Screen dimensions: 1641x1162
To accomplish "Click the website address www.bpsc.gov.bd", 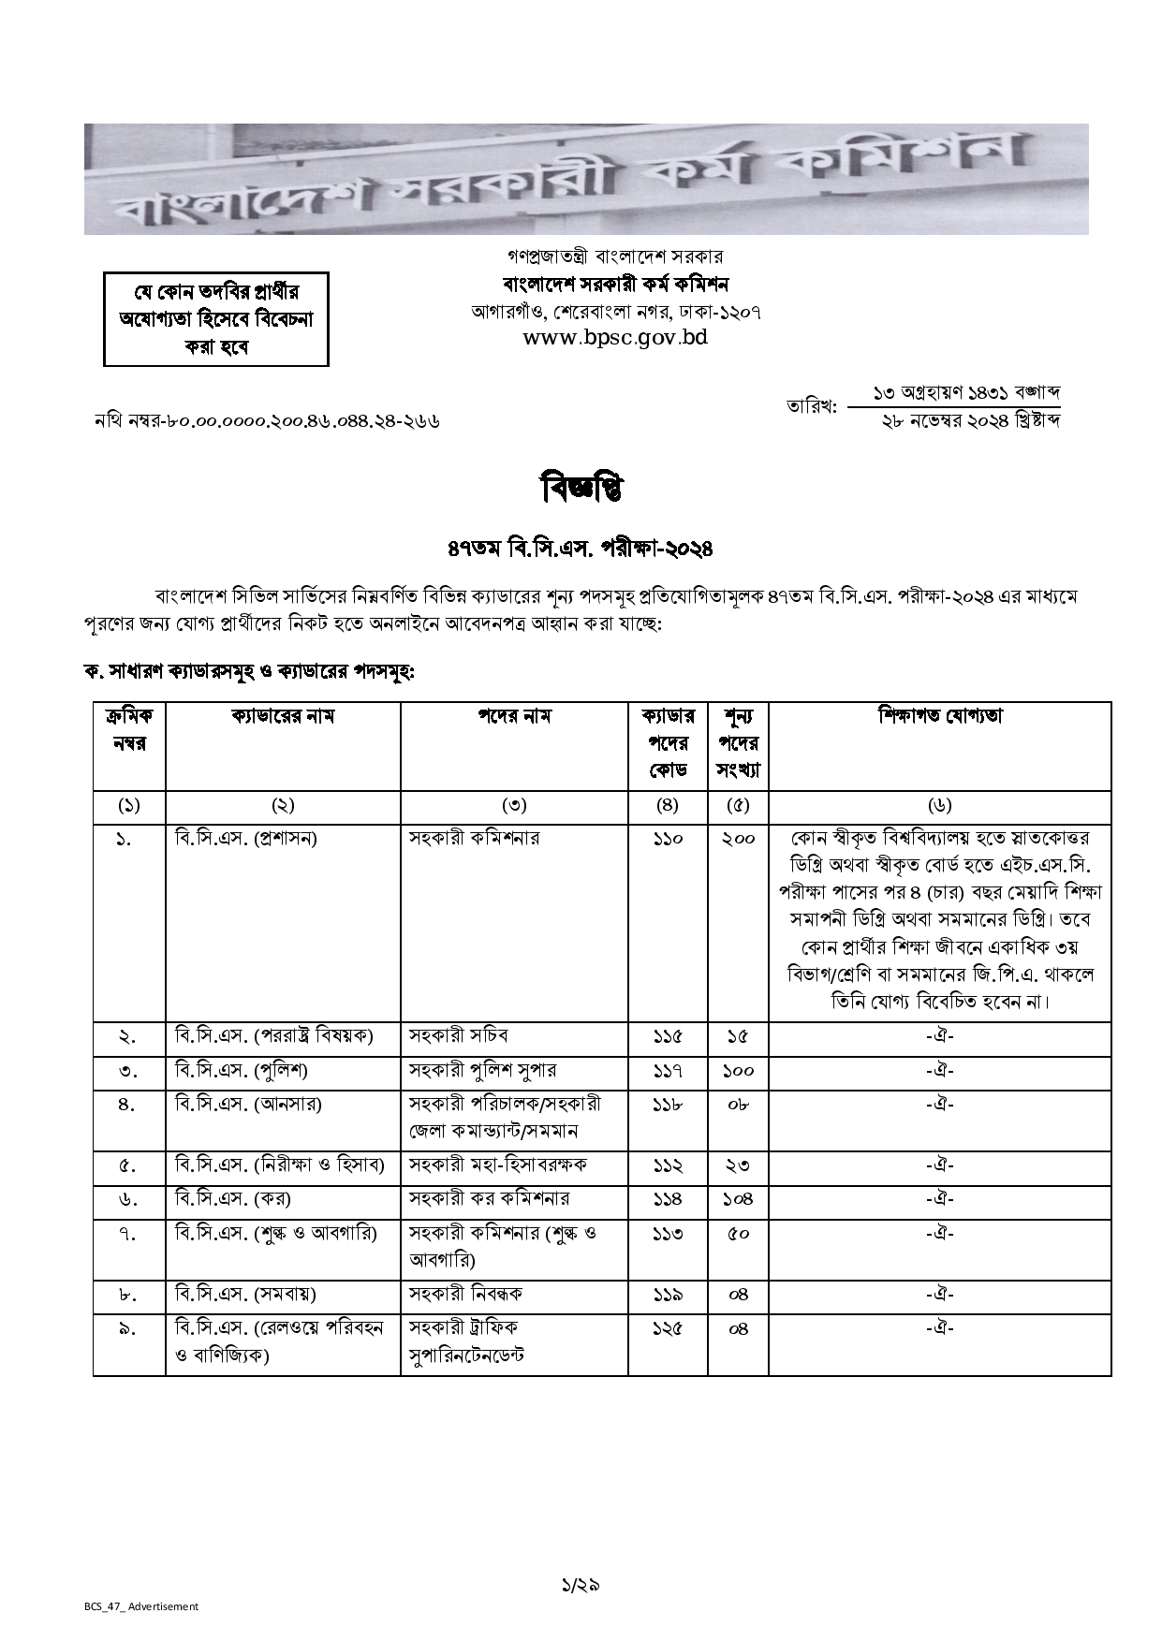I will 615,338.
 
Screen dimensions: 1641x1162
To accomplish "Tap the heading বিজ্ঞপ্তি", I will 581,488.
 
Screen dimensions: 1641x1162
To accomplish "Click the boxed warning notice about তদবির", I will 216,318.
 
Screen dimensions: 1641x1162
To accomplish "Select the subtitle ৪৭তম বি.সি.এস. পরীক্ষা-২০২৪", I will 581,548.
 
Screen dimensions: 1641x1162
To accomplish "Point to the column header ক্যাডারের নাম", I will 283,717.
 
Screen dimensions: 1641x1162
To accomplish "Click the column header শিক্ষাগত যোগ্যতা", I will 939,716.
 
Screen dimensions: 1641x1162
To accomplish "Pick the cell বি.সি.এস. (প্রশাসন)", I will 246,838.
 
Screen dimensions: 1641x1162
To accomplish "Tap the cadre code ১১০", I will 668,839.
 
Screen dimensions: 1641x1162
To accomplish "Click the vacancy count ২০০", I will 738,839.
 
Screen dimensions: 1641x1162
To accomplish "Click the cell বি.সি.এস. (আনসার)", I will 248,1105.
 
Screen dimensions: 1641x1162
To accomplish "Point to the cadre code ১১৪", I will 668,1199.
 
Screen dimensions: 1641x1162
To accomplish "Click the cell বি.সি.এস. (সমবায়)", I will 245,1295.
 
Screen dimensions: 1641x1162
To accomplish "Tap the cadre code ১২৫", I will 668,1328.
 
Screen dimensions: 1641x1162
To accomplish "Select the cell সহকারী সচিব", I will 459,1036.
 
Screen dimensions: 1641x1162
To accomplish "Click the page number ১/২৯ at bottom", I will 581,1585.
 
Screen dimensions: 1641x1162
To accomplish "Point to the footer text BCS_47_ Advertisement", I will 141,1606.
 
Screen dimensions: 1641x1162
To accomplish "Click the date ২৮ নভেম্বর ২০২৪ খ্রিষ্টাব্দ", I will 970,421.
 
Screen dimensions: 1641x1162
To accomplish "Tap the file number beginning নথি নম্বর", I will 267,421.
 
